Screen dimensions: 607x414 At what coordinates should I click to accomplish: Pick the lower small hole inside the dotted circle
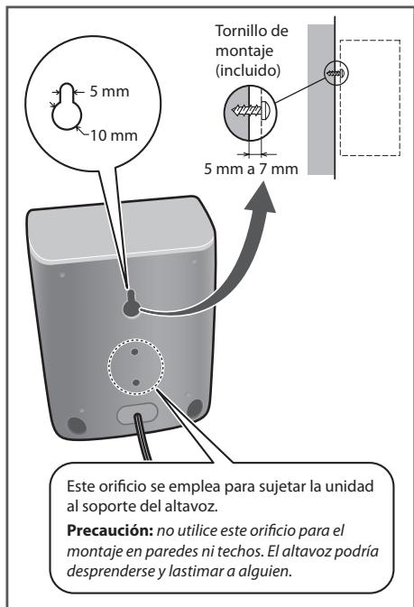(135, 382)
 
